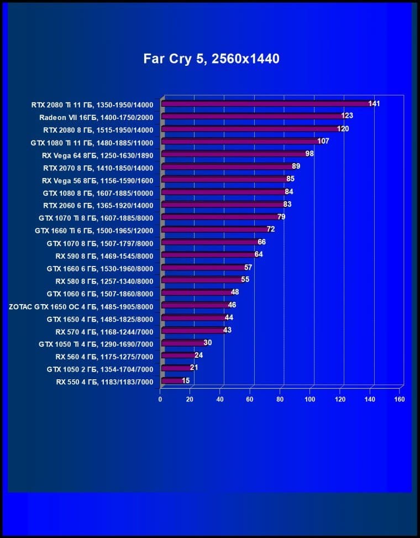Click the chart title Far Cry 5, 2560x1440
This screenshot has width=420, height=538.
pyautogui.click(x=211, y=59)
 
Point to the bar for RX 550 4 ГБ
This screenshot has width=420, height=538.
pyautogui.click(x=172, y=380)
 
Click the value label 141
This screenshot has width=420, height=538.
pyautogui.click(x=374, y=104)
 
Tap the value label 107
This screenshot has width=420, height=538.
pyautogui.click(x=323, y=142)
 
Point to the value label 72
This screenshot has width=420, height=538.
pyautogui.click(x=271, y=229)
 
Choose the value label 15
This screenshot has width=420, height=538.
pyautogui.click(x=186, y=380)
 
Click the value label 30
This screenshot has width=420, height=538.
pyautogui.click(x=208, y=343)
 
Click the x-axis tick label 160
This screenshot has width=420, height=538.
pyautogui.click(x=399, y=399)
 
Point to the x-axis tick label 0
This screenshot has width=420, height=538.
pyautogui.click(x=160, y=399)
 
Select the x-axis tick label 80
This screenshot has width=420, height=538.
pyautogui.click(x=280, y=399)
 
